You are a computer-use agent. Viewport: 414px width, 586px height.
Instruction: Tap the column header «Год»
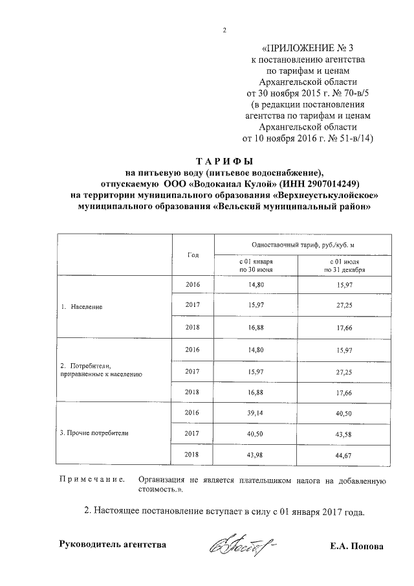(193, 254)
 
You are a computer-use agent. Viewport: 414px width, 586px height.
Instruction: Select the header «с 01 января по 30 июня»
(256, 265)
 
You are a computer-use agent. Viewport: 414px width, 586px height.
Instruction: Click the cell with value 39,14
(256, 412)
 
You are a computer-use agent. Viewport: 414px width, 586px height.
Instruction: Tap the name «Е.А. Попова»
(356, 547)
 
